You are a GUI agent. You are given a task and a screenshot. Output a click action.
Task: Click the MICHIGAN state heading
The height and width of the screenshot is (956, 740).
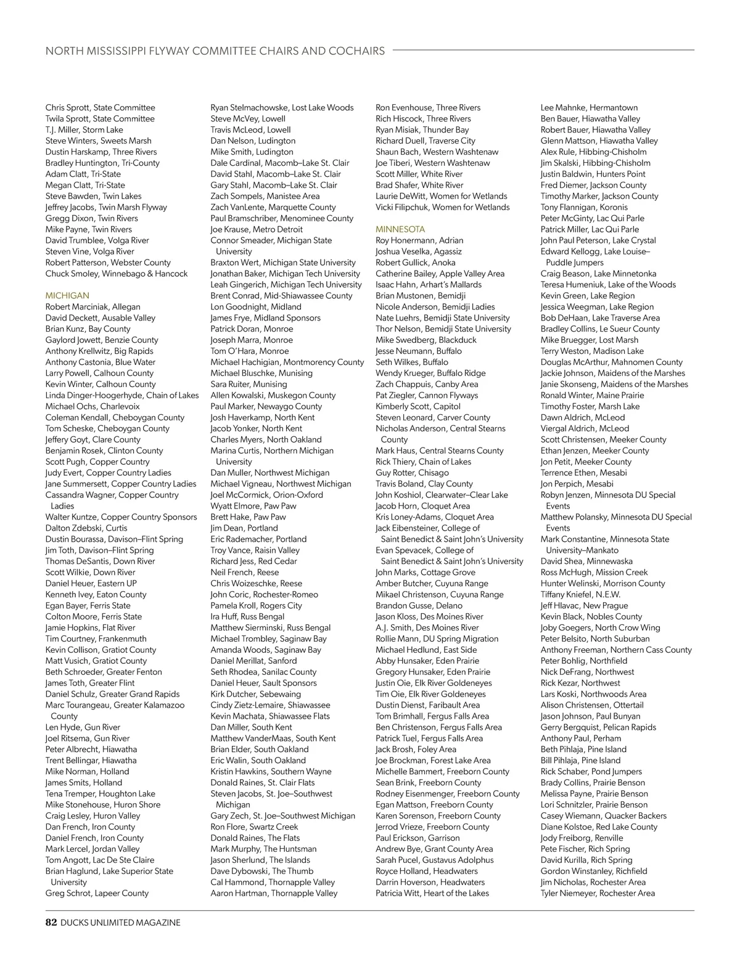67,296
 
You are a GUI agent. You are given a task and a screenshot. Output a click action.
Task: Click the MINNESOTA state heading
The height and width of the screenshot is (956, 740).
400,229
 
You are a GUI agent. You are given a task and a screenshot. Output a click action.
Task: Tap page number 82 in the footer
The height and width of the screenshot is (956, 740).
51,923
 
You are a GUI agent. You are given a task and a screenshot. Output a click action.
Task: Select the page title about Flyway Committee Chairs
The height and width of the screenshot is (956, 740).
215,51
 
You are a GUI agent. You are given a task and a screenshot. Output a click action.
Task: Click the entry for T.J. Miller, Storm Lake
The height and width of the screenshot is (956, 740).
84,130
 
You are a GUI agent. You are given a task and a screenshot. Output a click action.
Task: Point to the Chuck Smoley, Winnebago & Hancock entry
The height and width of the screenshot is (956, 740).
117,274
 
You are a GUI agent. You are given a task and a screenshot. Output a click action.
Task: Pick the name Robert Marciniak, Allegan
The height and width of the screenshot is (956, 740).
92,307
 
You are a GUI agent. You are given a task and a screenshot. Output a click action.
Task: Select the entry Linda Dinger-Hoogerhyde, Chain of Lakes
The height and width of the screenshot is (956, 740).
122,395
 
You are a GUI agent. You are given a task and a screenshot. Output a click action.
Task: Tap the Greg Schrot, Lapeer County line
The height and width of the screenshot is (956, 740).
97,893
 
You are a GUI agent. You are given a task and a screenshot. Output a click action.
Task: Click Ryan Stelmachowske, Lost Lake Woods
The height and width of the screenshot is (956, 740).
282,108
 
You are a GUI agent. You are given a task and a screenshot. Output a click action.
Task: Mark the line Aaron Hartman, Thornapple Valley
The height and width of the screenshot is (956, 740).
274,893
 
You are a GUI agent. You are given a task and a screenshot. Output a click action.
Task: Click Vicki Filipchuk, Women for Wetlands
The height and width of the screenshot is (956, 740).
442,207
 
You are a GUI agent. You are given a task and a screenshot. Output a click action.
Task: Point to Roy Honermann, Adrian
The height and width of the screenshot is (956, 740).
419,240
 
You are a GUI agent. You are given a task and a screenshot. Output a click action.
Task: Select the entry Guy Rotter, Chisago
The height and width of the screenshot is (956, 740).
412,473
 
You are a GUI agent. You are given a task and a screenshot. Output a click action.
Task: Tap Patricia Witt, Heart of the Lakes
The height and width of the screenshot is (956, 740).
432,893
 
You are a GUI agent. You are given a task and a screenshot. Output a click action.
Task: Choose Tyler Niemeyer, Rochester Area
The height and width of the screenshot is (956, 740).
598,893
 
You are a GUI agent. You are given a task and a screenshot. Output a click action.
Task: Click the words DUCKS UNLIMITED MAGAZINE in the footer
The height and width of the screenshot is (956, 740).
120,923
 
